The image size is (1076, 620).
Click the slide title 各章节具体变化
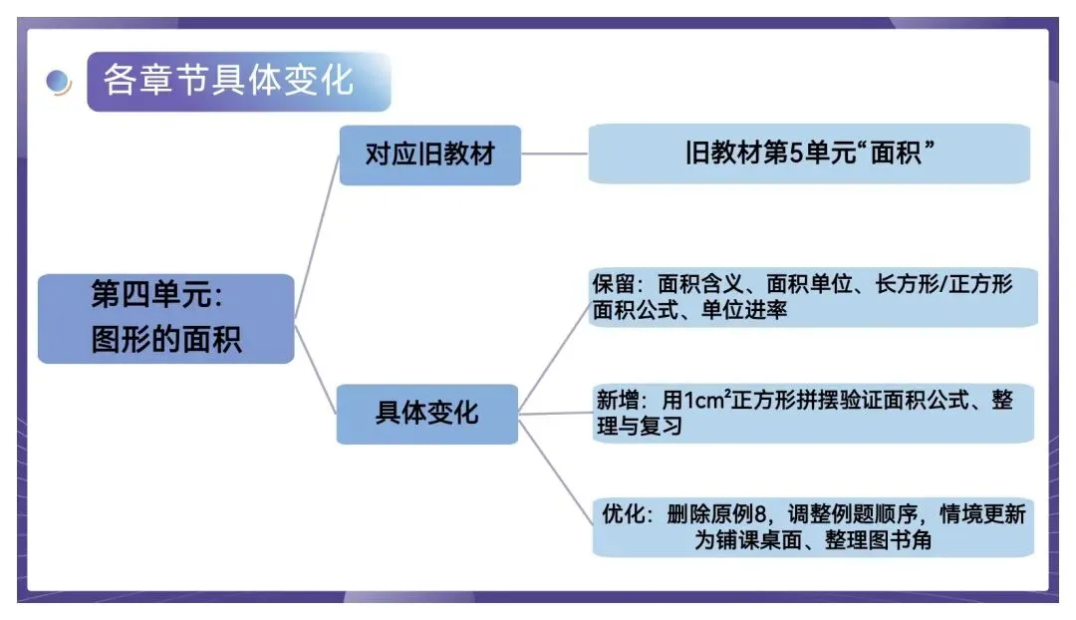(228, 81)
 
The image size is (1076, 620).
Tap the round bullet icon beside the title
(59, 83)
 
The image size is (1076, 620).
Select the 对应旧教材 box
(429, 155)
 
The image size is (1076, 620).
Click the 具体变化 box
(426, 413)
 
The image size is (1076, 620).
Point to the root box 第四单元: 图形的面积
(165, 318)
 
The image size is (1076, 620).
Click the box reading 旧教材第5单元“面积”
(809, 154)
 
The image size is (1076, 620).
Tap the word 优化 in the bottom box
(623, 515)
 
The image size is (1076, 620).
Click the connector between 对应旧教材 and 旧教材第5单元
(554, 155)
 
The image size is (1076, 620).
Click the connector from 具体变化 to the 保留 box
(553, 354)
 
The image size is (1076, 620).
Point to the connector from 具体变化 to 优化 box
(554, 468)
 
